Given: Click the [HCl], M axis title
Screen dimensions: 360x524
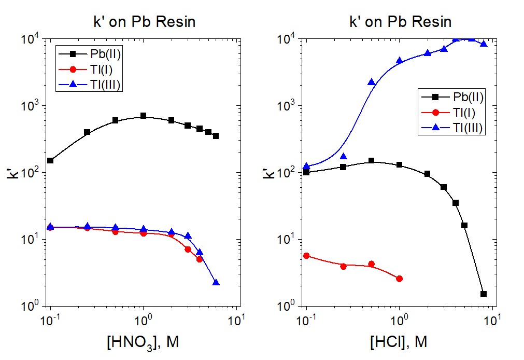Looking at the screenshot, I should (400, 342).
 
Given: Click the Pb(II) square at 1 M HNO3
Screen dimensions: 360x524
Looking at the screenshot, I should (144, 116).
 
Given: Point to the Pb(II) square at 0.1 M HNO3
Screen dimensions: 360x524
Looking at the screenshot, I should (50, 160).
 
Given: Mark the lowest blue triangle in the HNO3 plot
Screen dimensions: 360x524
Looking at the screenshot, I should (216, 283).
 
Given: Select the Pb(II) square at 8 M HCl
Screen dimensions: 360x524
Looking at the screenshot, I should (484, 294).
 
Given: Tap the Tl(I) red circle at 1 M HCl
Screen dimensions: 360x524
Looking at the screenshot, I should (400, 279).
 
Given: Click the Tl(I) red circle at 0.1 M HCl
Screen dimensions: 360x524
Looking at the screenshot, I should (306, 256).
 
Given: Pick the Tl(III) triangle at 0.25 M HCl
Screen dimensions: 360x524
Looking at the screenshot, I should (344, 157).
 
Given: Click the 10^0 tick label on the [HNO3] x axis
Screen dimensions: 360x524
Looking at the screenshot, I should (144, 319).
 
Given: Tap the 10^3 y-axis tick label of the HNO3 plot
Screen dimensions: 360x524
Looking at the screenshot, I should (31, 106).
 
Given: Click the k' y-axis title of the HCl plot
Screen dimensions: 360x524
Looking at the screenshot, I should (268, 172).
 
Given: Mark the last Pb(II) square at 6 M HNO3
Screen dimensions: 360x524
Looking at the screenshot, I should (216, 136).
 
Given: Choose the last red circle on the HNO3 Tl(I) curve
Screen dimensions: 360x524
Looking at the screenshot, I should (200, 259).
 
